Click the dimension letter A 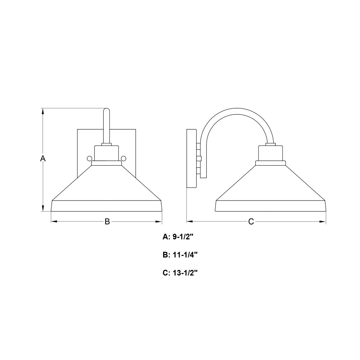pyautogui.click(x=43, y=158)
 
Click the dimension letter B pyautogui.click(x=107, y=221)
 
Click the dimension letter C pyautogui.click(x=251, y=221)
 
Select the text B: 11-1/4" pyautogui.click(x=180, y=255)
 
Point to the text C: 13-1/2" pyautogui.click(x=180, y=273)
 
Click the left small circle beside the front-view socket pyautogui.click(x=89, y=158)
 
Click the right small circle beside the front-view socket pyautogui.click(x=123, y=158)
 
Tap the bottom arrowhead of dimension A pyautogui.click(x=43, y=208)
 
